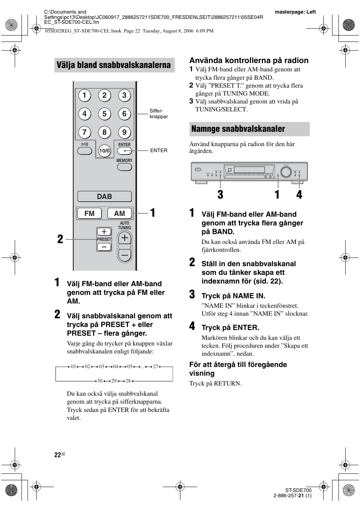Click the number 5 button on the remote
point(104,114)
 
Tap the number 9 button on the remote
point(124,132)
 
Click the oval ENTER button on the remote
point(124,151)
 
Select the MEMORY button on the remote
point(124,167)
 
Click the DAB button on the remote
point(105,196)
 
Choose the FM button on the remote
point(89,213)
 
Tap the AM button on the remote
point(120,213)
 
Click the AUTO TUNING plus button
point(125,238)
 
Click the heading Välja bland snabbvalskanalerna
point(114,65)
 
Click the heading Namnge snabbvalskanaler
point(238,129)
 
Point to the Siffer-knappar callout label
point(158,114)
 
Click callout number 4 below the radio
point(299,194)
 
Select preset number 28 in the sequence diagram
point(128,381)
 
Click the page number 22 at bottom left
point(57,455)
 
